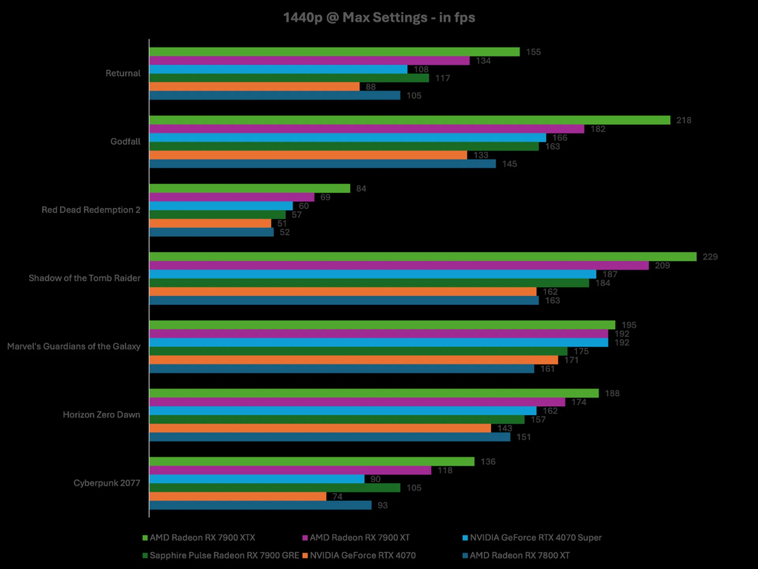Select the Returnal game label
[x=123, y=73]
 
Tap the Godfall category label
[x=125, y=141]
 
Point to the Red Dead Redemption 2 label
[x=91, y=210]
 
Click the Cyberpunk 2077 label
[x=107, y=483]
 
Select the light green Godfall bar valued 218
[x=409, y=120]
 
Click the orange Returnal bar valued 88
[x=254, y=87]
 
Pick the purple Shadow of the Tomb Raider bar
[x=399, y=266]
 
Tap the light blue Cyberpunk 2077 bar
[x=257, y=479]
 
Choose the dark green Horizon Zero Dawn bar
[x=337, y=420]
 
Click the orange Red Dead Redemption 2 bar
[x=210, y=223]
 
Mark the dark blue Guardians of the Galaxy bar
[x=341, y=369]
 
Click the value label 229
[x=710, y=257]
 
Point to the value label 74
[x=337, y=497]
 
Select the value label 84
[x=361, y=189]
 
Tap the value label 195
[x=629, y=325]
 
